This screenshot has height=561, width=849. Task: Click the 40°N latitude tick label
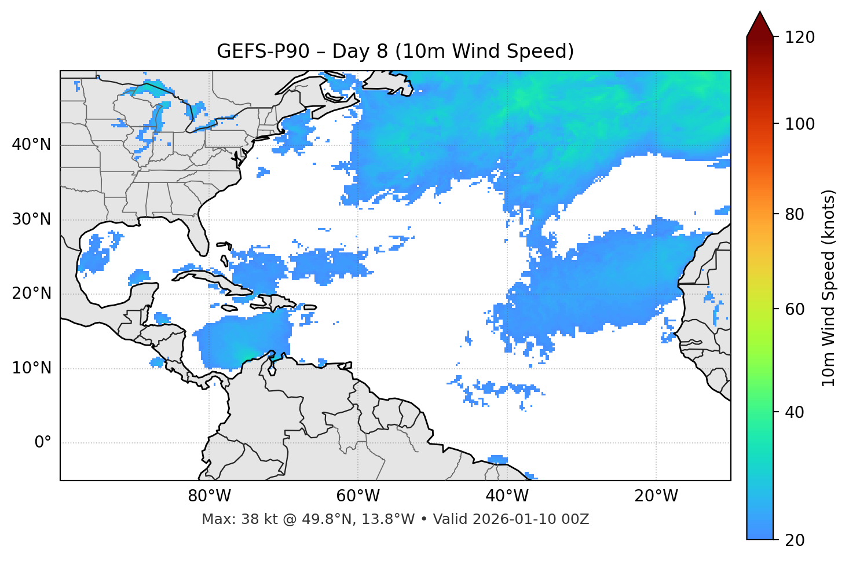pyautogui.click(x=31, y=145)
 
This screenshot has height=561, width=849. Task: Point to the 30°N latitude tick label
pyautogui.click(x=31, y=219)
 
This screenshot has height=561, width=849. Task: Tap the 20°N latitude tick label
pyautogui.click(x=31, y=294)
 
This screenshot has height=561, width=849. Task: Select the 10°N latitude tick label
pyautogui.click(x=31, y=368)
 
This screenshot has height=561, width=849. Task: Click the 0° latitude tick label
pyautogui.click(x=43, y=443)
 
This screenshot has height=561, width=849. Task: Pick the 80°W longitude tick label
pyautogui.click(x=209, y=496)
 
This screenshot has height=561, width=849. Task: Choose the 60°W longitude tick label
pyautogui.click(x=358, y=496)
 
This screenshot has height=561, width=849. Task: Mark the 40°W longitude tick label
pyautogui.click(x=507, y=496)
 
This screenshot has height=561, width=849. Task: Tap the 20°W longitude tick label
pyautogui.click(x=656, y=496)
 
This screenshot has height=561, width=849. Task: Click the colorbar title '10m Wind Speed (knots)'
pyautogui.click(x=829, y=288)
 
